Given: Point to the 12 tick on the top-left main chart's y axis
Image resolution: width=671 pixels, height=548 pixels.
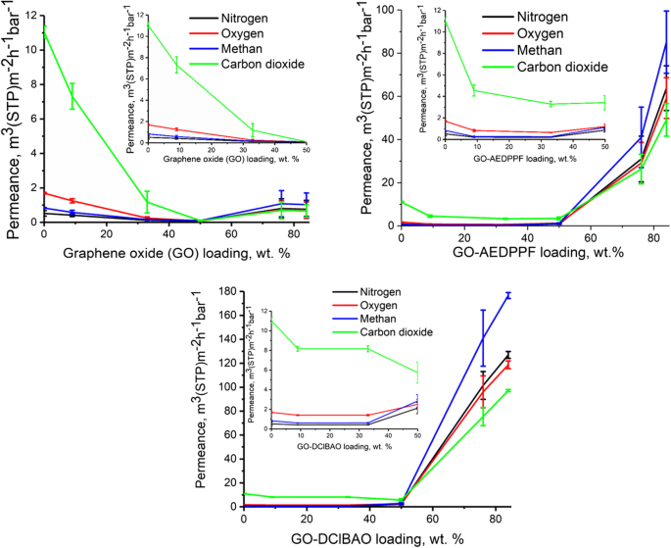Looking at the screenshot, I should (32, 17).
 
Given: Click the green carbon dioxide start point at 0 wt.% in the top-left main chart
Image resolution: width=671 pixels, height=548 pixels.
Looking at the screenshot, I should (45, 29).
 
